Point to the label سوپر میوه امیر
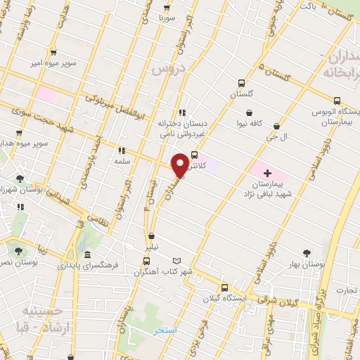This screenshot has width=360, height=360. click(x=52, y=63)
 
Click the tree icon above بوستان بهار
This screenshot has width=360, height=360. click(x=306, y=253)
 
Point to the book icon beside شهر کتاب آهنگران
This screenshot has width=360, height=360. click(x=186, y=260)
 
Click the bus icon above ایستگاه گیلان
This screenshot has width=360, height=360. click(x=225, y=287)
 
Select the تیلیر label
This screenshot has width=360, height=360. click(x=151, y=247)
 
